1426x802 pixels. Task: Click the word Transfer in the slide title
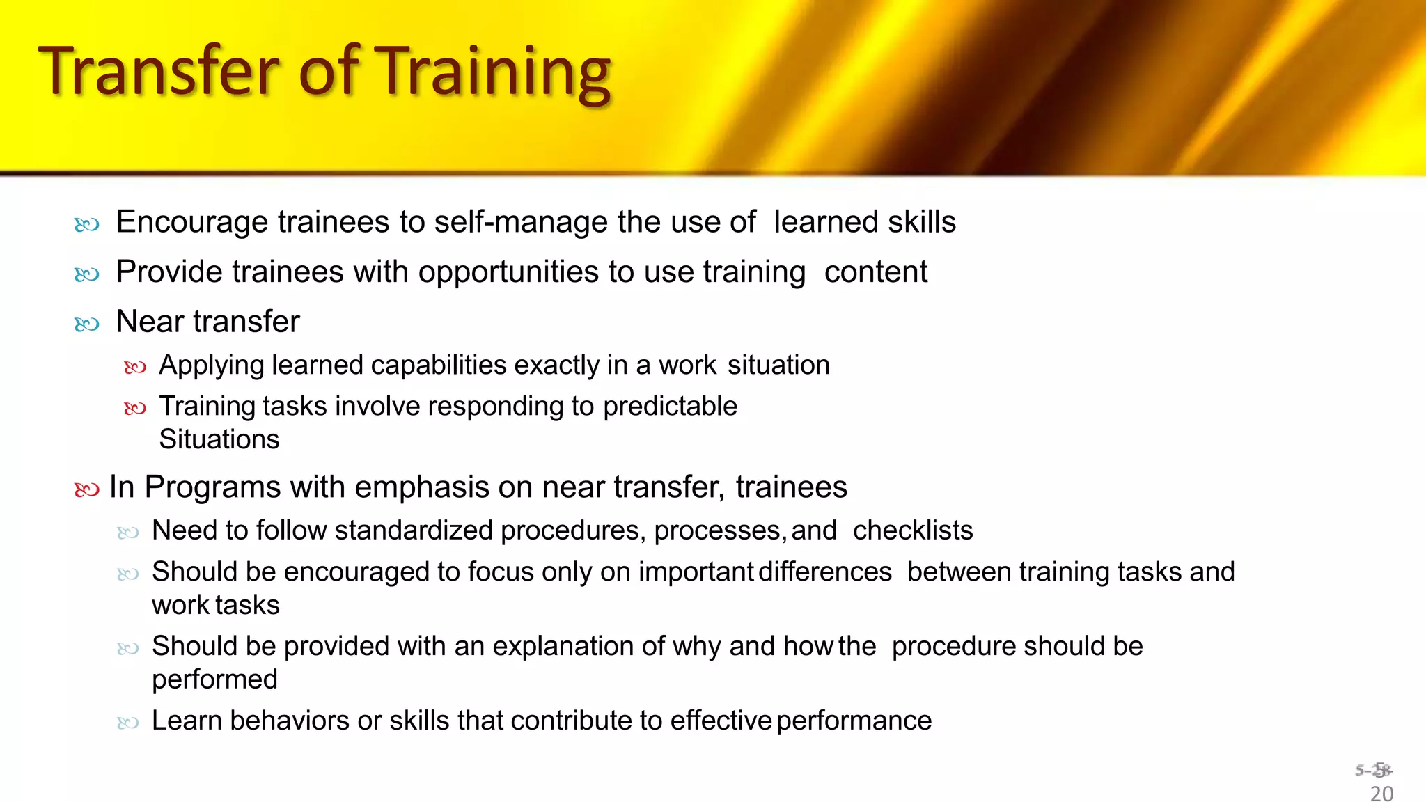tap(160, 71)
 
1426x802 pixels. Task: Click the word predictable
tap(670, 407)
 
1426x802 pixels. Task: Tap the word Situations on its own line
tap(219, 440)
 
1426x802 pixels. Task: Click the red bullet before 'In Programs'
tap(87, 490)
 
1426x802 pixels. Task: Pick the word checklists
tap(913, 531)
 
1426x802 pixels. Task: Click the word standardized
tap(414, 531)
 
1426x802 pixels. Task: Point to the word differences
tap(825, 572)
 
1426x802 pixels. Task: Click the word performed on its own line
tap(214, 680)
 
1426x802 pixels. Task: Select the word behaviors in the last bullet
tap(289, 721)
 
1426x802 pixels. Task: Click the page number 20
tap(1381, 794)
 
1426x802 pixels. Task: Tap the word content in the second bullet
tap(875, 272)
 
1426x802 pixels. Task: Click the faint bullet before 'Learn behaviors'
tap(128, 723)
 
